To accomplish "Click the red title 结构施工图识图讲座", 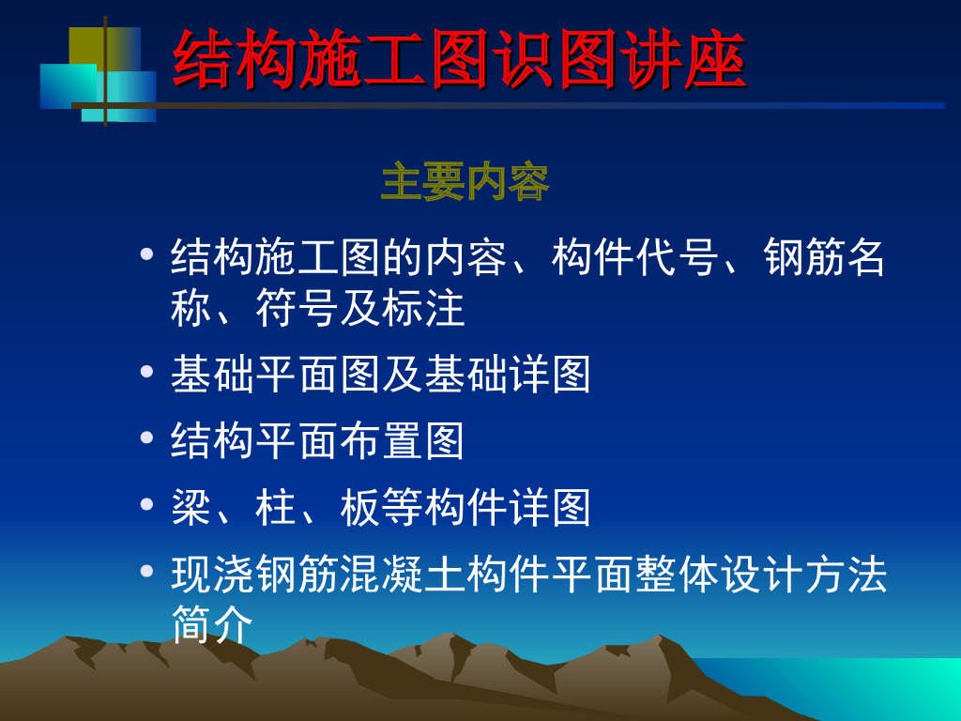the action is (x=460, y=59).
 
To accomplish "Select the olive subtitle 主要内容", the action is (x=465, y=181).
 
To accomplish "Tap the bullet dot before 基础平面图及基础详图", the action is (x=146, y=371).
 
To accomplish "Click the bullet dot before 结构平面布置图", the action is (x=146, y=437).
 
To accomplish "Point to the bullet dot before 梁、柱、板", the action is (x=146, y=504).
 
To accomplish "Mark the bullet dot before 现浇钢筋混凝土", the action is (x=146, y=571).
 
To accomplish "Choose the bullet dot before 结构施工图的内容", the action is (x=146, y=253).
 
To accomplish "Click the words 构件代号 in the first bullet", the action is (x=635, y=257).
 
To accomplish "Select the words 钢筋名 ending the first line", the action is (x=824, y=257).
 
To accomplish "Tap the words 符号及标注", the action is (x=359, y=308).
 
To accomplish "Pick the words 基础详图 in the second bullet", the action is (x=508, y=374).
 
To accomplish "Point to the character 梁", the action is (x=191, y=507).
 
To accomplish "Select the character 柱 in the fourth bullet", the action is (x=276, y=507).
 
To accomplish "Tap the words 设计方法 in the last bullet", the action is (x=804, y=574).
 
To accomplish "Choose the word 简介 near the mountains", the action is (x=212, y=623).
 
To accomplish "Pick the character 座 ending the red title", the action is (x=715, y=59).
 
